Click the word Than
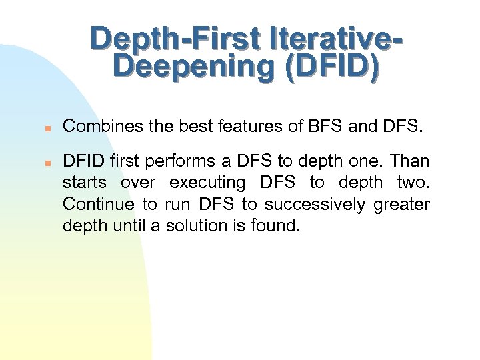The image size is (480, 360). tap(409, 161)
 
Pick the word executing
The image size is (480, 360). tap(207, 183)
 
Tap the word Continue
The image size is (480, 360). tap(97, 204)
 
